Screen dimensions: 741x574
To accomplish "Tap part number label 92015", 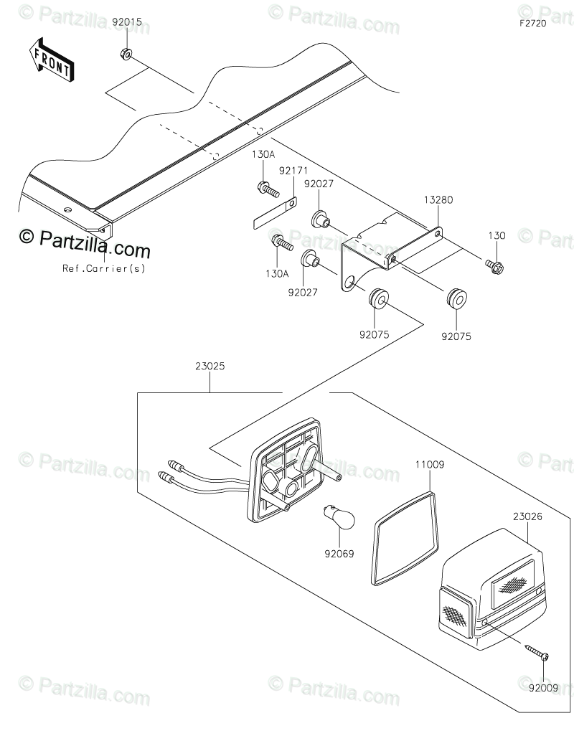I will pyautogui.click(x=127, y=22).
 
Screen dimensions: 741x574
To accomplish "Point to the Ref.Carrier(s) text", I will pyautogui.click(x=103, y=269).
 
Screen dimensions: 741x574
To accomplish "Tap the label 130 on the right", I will pyautogui.click(x=497, y=236).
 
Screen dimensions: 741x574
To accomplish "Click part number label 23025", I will pyautogui.click(x=210, y=366).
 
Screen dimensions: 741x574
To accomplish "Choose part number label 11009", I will pyautogui.click(x=429, y=465).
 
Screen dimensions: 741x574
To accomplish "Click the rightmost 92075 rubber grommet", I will pyautogui.click(x=455, y=298).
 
